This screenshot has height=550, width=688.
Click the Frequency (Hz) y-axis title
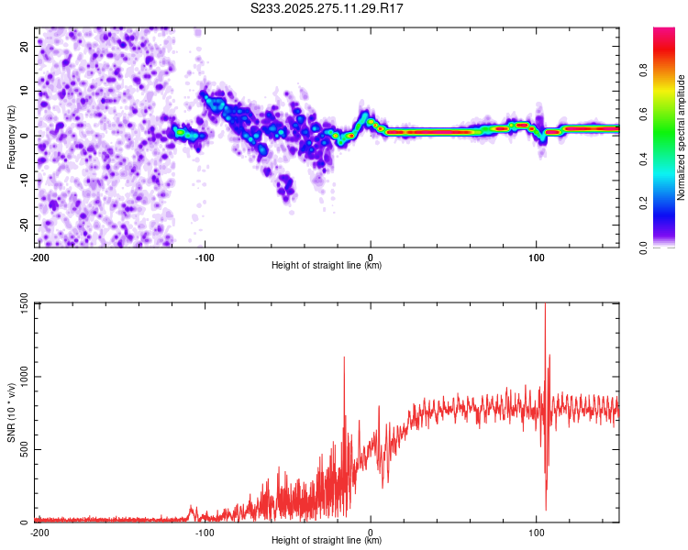coord(11,137)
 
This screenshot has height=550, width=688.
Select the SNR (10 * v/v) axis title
coord(12,412)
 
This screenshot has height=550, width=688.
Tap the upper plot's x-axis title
coord(327,266)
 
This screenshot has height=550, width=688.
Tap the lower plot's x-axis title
coord(327,541)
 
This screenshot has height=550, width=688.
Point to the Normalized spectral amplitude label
coord(682,137)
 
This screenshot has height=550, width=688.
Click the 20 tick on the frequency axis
coord(25,46)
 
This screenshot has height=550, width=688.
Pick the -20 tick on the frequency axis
coord(23,225)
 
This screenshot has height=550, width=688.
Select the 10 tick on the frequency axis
coord(25,91)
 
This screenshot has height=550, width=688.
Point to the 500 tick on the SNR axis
coord(25,449)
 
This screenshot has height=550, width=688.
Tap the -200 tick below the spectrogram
coord(39,258)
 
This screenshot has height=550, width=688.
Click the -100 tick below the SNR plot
coord(205,533)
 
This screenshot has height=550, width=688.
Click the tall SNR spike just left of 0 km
coord(344,359)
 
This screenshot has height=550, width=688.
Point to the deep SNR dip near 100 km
coord(546,508)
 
